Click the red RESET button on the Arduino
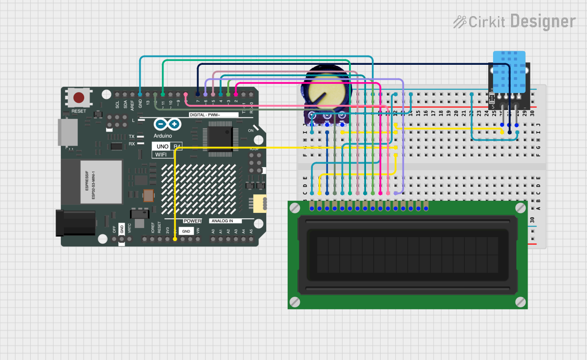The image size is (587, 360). coord(78,97)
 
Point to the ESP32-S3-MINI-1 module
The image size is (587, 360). coord(101,181)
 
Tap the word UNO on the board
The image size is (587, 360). coord(163,146)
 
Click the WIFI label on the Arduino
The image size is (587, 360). coord(161,154)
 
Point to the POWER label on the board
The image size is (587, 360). coord(193,221)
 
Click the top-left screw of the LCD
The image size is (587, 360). coord(295,208)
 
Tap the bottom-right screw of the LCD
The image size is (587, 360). coord(520,302)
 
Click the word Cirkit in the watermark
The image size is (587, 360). coord(486,21)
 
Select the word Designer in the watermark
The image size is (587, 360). coord(543,21)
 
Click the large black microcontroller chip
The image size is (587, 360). coord(220,137)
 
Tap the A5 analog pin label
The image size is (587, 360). coord(251,231)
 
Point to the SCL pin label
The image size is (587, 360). coord(117,105)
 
